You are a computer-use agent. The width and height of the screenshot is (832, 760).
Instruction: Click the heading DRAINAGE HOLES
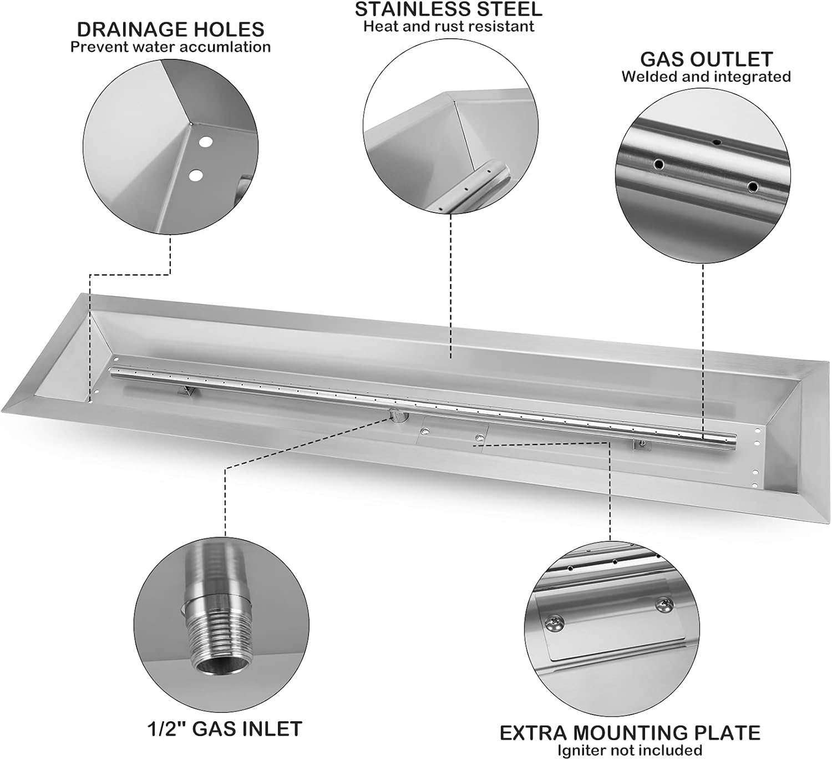point(170,29)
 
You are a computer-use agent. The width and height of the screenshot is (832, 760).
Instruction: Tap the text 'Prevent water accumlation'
point(170,47)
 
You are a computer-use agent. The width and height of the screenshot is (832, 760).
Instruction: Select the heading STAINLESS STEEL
point(448,9)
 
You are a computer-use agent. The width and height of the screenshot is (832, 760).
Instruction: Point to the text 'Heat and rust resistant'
point(448,27)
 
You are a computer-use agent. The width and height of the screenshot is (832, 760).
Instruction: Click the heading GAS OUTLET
point(706,59)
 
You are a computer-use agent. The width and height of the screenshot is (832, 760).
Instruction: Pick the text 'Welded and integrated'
point(706,77)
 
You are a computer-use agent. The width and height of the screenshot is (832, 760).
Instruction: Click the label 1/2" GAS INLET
point(225,728)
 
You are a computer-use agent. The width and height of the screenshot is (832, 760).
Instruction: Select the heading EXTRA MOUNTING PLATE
point(630,733)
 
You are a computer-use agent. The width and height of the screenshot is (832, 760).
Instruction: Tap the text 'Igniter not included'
point(630,751)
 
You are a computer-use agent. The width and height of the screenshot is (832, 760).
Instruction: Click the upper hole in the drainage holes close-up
point(205,142)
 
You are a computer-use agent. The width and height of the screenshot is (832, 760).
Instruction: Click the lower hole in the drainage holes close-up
point(195,175)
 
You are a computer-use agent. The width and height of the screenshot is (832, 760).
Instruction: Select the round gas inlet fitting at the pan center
point(397,416)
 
